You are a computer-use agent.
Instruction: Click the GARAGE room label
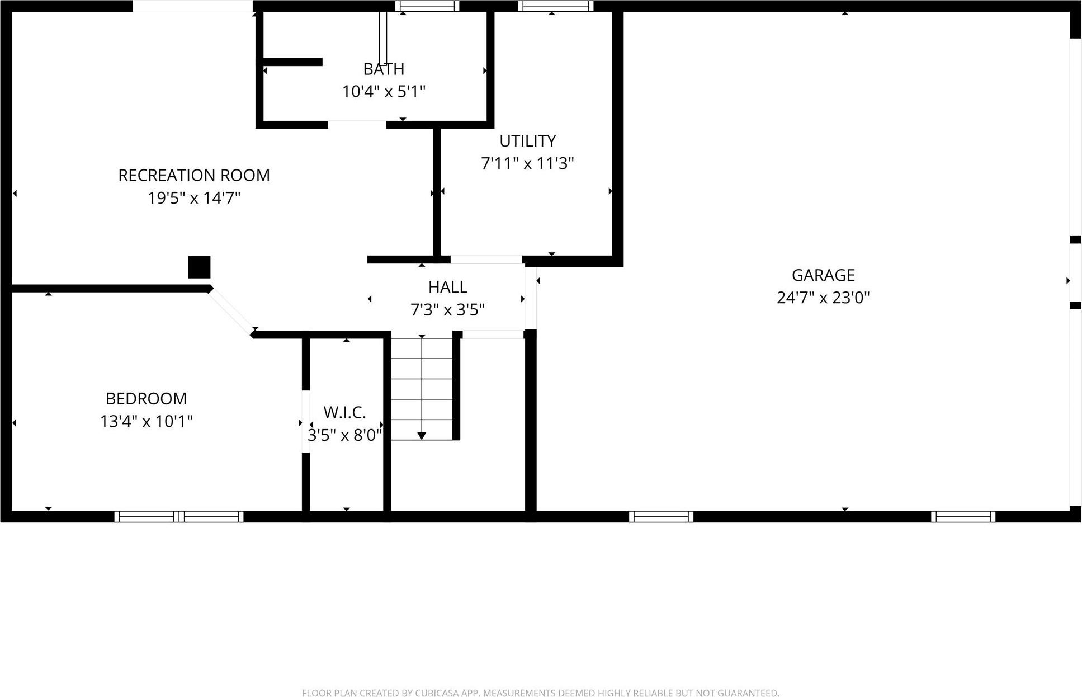click(x=823, y=275)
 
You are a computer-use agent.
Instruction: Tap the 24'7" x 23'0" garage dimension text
click(x=823, y=298)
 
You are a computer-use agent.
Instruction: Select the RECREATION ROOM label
click(x=194, y=176)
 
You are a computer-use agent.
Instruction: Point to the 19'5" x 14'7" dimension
click(x=194, y=198)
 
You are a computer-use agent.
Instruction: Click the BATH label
click(x=384, y=69)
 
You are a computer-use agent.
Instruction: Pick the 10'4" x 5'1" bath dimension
click(x=384, y=92)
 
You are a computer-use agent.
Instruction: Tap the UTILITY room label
click(x=527, y=141)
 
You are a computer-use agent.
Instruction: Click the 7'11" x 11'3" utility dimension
click(x=527, y=163)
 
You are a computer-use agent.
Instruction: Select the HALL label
click(x=447, y=288)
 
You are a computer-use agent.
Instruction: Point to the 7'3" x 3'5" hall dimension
click(x=447, y=310)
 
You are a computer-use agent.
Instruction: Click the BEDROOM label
click(x=146, y=399)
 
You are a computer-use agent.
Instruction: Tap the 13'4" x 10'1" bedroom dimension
click(x=146, y=421)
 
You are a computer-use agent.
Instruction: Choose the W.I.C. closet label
click(x=344, y=413)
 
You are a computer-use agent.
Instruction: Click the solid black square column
click(x=199, y=267)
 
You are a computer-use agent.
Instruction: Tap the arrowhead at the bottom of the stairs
click(x=422, y=436)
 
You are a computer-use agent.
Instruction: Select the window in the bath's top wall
click(x=427, y=6)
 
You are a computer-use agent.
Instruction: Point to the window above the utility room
click(x=555, y=6)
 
